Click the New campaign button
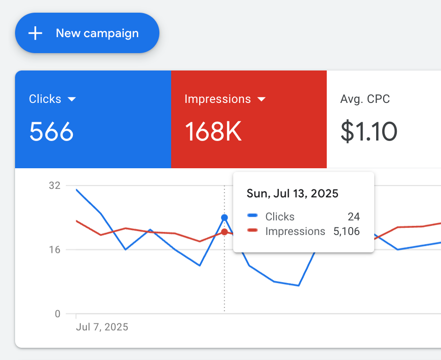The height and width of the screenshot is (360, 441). coord(87,33)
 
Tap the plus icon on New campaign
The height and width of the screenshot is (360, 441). coord(35,33)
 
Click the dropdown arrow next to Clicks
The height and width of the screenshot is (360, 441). coord(71,99)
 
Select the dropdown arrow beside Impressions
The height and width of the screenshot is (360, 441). coord(262,99)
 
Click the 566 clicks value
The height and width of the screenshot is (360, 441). coord(51,131)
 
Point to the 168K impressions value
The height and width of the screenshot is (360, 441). coord(213,131)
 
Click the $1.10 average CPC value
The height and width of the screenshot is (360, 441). coord(369,131)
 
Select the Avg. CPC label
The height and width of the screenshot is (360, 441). coord(365,99)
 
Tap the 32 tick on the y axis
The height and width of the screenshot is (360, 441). coord(55,185)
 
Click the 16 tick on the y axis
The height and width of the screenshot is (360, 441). coord(55,250)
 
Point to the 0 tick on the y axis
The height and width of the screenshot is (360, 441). coord(57,314)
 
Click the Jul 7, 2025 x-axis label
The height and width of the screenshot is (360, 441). coord(102,327)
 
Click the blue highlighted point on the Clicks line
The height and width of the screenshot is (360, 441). coord(224,218)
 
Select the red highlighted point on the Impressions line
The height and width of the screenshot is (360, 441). coord(224,232)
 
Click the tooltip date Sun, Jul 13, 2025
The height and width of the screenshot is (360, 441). coord(292,194)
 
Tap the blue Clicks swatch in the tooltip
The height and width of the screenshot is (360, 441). coord(252,216)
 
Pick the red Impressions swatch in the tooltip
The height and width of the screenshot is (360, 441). coord(252,230)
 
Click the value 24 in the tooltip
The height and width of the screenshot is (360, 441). coord(354,217)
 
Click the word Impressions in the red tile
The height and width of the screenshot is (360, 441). coord(218,99)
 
